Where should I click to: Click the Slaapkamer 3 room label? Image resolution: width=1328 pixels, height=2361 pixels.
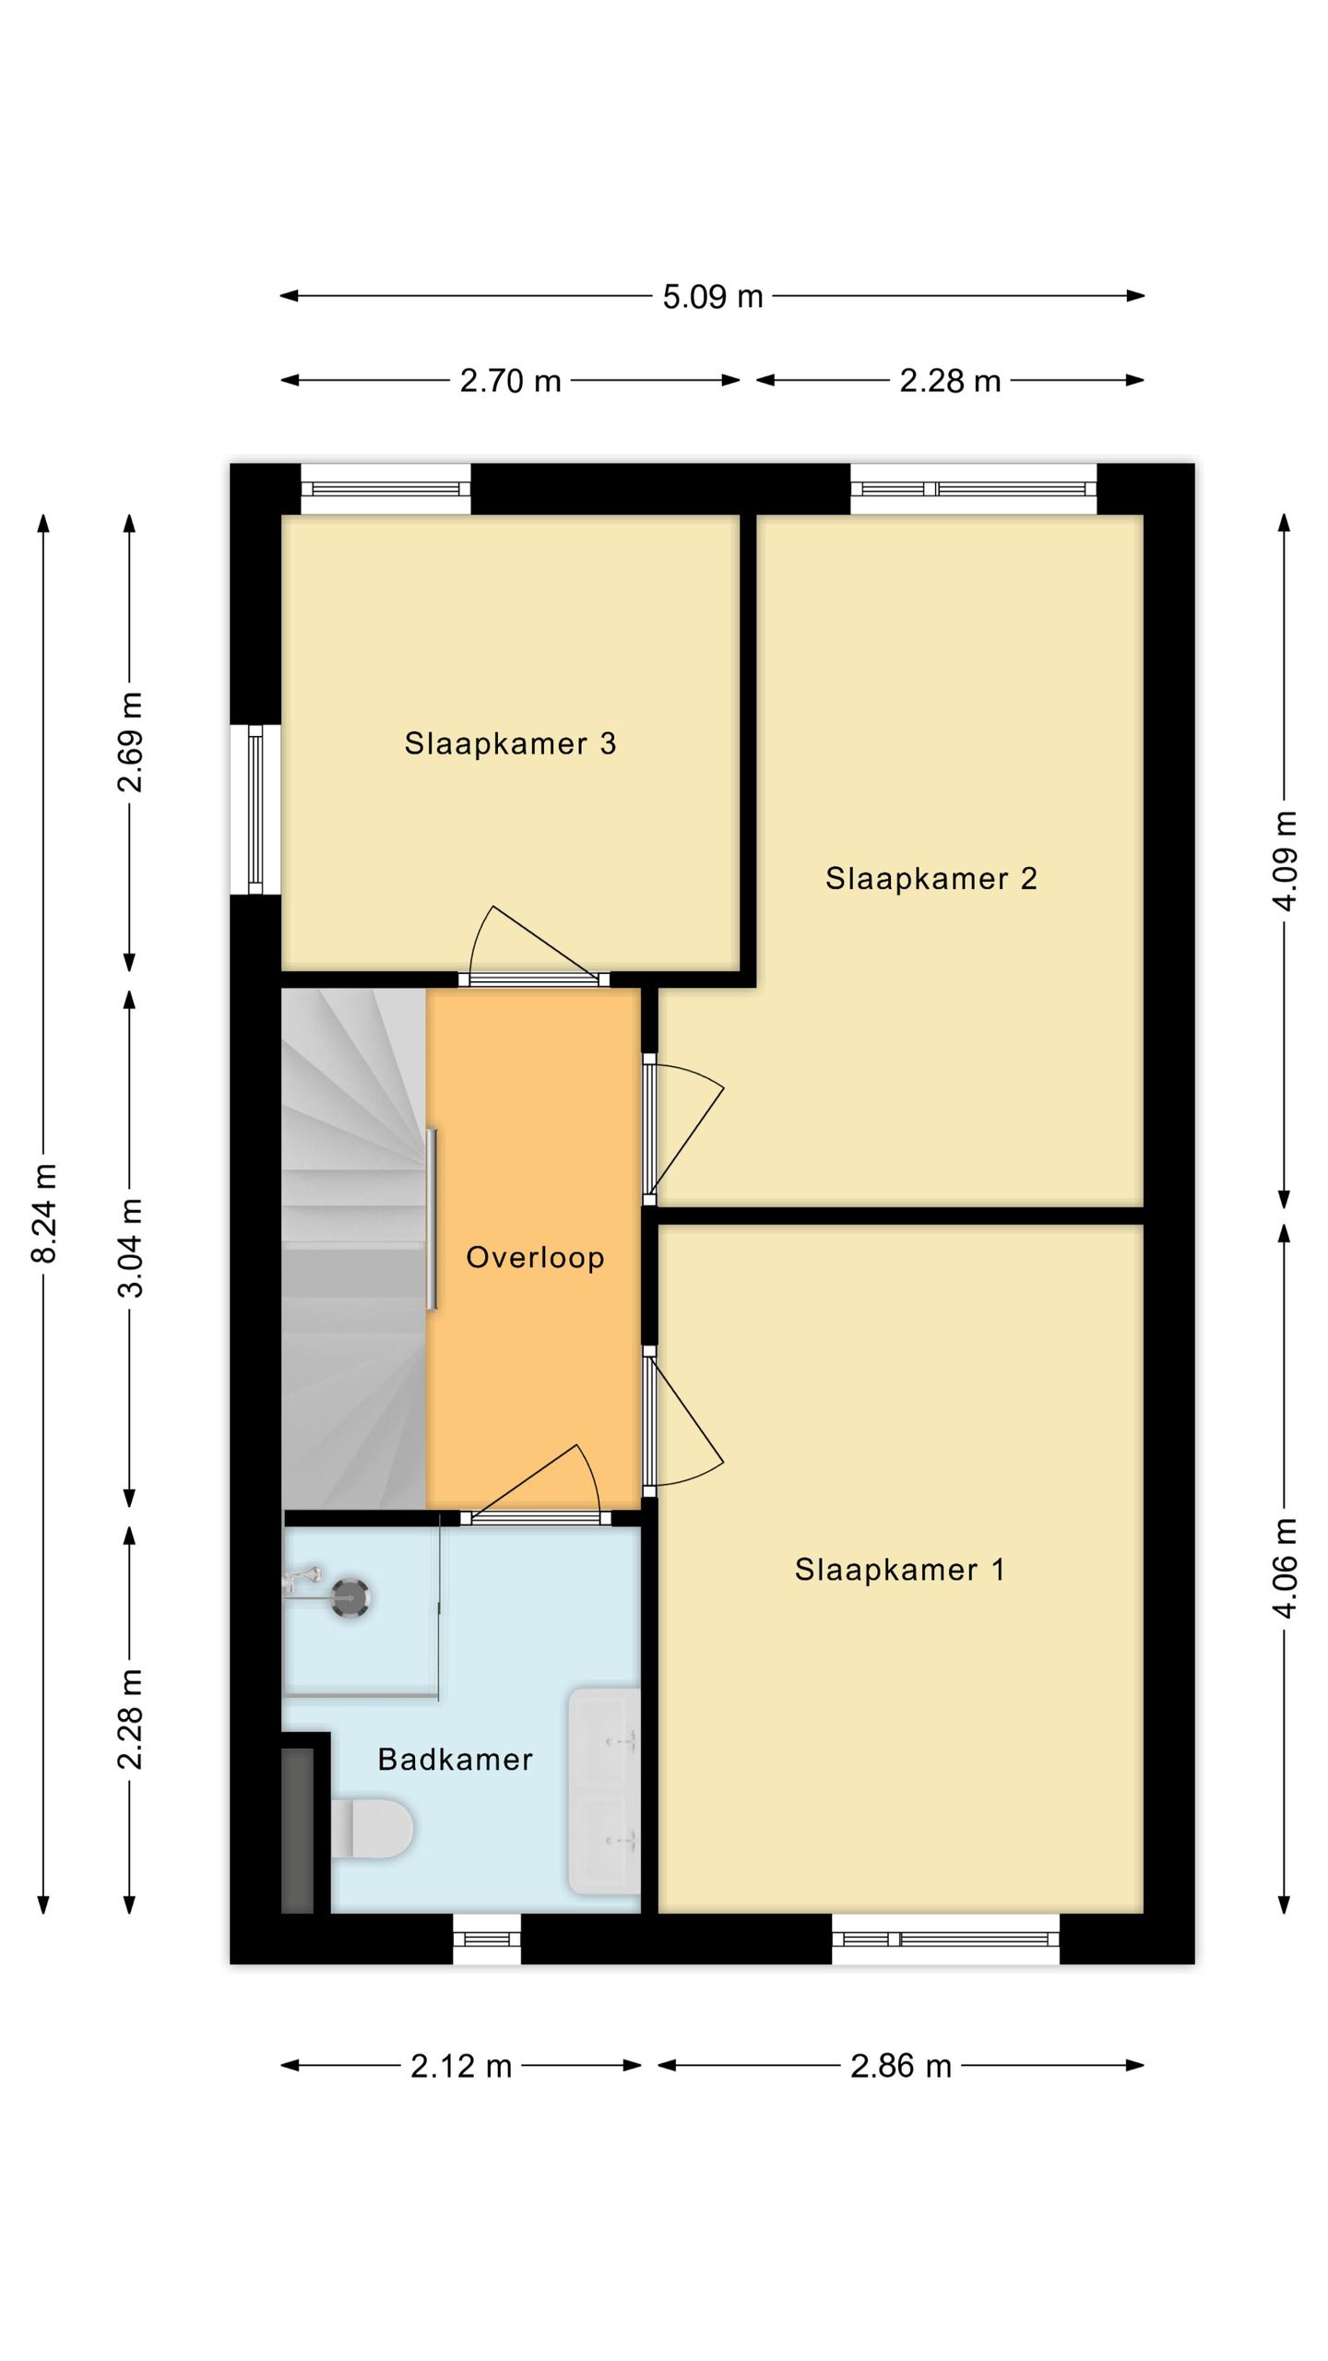point(510,743)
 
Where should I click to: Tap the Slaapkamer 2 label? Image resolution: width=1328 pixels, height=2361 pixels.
point(931,878)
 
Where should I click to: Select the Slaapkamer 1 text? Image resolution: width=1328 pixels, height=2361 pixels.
point(900,1569)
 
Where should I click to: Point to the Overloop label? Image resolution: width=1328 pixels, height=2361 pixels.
point(535,1257)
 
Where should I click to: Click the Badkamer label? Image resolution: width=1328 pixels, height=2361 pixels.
point(456,1759)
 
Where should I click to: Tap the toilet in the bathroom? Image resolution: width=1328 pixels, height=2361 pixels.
point(372,1828)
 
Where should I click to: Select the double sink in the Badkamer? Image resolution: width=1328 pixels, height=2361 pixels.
point(604,1790)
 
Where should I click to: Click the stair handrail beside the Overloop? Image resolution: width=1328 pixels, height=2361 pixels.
point(431,1218)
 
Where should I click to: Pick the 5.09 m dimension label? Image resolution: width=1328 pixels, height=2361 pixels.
point(713,297)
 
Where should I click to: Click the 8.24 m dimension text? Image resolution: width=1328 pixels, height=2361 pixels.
point(44,1213)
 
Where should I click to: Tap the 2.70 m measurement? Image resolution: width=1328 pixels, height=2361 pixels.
point(510,381)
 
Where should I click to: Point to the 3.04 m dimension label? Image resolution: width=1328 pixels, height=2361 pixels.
point(131,1248)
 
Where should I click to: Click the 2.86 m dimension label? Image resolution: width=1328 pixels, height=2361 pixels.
point(901,2066)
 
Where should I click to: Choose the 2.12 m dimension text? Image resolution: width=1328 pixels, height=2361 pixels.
point(461,2066)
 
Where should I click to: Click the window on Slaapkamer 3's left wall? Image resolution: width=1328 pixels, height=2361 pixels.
point(255,810)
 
